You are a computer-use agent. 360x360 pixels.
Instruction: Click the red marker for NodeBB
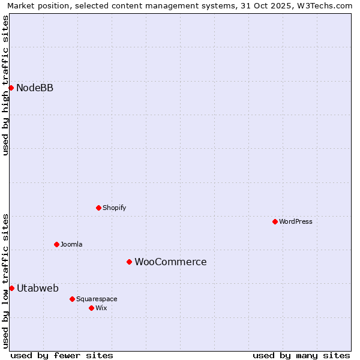pyautogui.click(x=11, y=88)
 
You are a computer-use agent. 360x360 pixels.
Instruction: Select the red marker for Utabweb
pyautogui.click(x=11, y=288)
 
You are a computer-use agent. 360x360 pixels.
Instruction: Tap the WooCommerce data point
pyautogui.click(x=129, y=262)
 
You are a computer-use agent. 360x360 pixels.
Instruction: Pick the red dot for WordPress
pyautogui.click(x=275, y=221)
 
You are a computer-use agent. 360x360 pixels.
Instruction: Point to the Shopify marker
pyautogui.click(x=98, y=208)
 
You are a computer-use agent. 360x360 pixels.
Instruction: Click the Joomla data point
pyautogui.click(x=56, y=244)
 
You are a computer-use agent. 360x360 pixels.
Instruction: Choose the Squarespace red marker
pyautogui.click(x=72, y=299)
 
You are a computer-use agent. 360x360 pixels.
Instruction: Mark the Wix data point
pyautogui.click(x=91, y=308)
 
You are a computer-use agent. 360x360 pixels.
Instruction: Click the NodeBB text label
pyautogui.click(x=35, y=88)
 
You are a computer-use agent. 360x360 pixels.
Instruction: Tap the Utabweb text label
pyautogui.click(x=38, y=289)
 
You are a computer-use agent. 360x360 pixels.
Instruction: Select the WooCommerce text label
pyautogui.click(x=170, y=262)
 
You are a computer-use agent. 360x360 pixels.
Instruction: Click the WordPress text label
pyautogui.click(x=296, y=222)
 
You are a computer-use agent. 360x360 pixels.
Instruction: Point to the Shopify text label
pyautogui.click(x=114, y=208)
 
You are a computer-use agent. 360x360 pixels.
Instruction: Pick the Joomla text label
pyautogui.click(x=71, y=245)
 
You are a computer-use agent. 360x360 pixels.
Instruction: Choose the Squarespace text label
pyautogui.click(x=97, y=299)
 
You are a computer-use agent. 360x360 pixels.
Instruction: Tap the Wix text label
pyautogui.click(x=101, y=308)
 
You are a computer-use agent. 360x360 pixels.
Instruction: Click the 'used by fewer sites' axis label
pyautogui.click(x=62, y=355)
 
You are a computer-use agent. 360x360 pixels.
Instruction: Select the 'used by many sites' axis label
pyautogui.click(x=301, y=355)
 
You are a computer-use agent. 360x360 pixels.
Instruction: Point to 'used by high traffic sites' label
pyautogui.click(x=5, y=85)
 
